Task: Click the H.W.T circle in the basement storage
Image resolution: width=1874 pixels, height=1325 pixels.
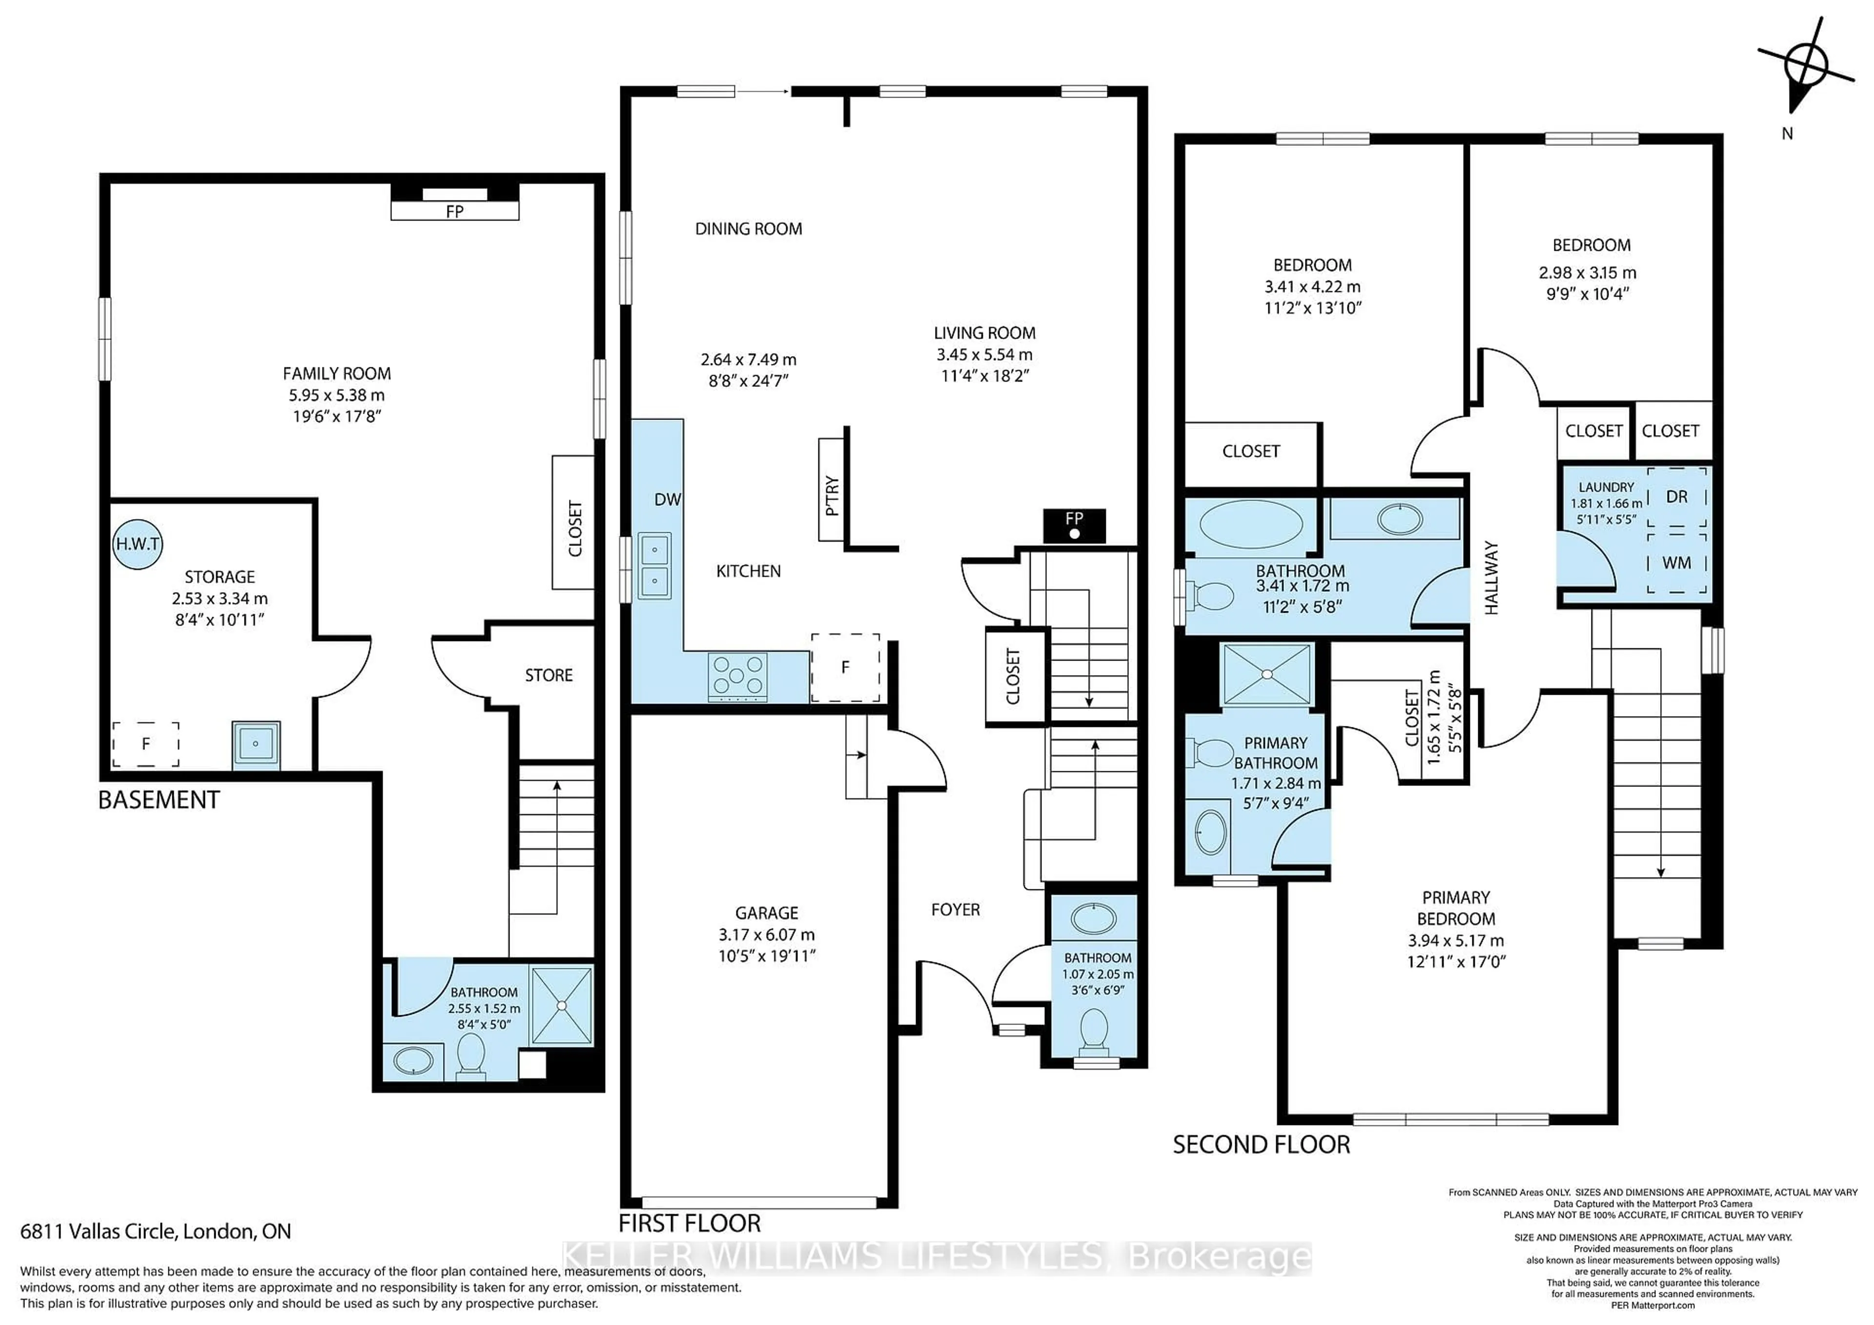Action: point(138,543)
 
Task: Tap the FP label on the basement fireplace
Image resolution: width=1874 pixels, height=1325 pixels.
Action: point(455,211)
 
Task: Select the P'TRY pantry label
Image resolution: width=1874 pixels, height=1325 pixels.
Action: point(832,495)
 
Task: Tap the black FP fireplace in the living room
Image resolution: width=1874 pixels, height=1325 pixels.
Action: point(1074,525)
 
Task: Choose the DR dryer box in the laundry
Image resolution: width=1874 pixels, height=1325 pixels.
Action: point(1676,497)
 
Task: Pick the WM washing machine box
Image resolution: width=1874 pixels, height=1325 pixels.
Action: point(1676,563)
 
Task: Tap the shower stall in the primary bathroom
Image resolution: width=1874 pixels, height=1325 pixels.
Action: point(1266,674)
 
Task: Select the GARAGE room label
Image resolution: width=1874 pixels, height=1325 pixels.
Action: point(766,913)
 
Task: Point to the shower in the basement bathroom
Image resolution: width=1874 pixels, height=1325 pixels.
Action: point(562,1005)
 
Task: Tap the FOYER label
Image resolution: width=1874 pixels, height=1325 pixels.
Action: point(955,910)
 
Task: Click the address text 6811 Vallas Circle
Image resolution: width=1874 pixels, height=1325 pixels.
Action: point(155,1231)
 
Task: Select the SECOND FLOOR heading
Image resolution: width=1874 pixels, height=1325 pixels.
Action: point(1261,1144)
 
